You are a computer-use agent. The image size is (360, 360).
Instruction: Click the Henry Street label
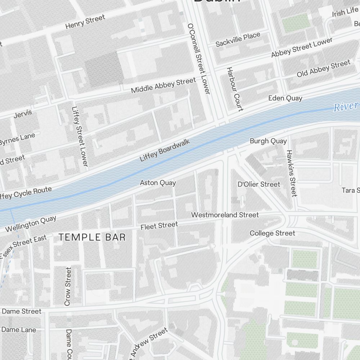coord(85,22)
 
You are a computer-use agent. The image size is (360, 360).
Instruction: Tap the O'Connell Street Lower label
coord(198,59)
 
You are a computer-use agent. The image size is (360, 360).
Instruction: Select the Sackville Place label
coord(238,40)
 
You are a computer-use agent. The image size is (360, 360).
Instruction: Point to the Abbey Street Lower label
coord(302,48)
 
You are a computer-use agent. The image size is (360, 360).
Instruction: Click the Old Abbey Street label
coord(323,69)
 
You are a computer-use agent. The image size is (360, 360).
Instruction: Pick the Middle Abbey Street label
coord(163,85)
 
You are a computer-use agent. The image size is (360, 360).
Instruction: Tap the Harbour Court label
coord(235,89)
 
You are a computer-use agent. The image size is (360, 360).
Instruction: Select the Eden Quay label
coord(285,98)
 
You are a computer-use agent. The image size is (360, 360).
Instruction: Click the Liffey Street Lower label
coord(80,136)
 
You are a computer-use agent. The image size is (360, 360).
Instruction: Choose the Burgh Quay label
coord(268,141)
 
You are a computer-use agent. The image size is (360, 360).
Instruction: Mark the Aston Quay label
coord(158,183)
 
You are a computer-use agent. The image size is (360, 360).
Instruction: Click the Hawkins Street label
coord(291,173)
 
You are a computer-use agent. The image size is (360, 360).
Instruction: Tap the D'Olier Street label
coord(259,184)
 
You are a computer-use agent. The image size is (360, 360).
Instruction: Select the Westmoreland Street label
coord(225,215)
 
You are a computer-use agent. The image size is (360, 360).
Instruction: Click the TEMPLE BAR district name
coord(92,237)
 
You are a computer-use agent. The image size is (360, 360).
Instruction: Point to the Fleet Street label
coord(159,226)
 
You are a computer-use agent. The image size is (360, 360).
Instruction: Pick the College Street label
coord(272,233)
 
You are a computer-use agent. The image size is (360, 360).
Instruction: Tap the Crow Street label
coord(68,287)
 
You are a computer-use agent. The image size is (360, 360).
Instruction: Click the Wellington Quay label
coord(31,224)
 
